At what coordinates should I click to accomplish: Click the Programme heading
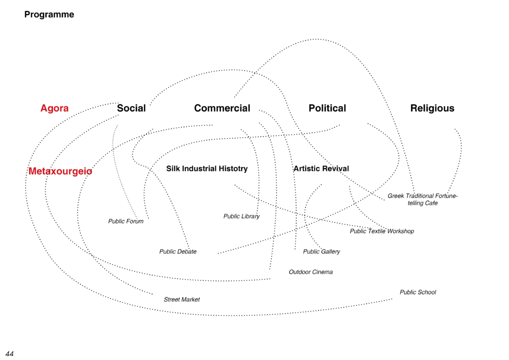tap(49, 14)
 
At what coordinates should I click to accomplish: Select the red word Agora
tap(55, 108)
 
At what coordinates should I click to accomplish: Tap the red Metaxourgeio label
tap(60, 171)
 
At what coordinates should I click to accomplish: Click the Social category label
tap(131, 108)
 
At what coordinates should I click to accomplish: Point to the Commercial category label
tap(222, 108)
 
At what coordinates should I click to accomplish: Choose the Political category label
tap(327, 108)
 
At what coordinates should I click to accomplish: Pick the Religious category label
tap(432, 108)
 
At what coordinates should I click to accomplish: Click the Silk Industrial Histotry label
tap(207, 169)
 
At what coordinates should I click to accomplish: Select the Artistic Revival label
tap(322, 169)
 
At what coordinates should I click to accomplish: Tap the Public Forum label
tap(126, 221)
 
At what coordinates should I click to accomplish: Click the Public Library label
tap(242, 216)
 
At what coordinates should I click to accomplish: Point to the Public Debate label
tap(178, 252)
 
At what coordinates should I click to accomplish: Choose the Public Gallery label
tap(322, 252)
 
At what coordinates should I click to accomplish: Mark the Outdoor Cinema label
tap(311, 272)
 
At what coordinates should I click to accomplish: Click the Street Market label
tap(181, 300)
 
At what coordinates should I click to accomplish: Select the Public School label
tap(418, 292)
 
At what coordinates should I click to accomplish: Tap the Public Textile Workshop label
tap(382, 231)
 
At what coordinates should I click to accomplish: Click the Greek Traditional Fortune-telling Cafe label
tap(423, 199)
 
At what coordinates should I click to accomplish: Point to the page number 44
tap(10, 354)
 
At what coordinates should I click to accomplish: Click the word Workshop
tap(401, 231)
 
